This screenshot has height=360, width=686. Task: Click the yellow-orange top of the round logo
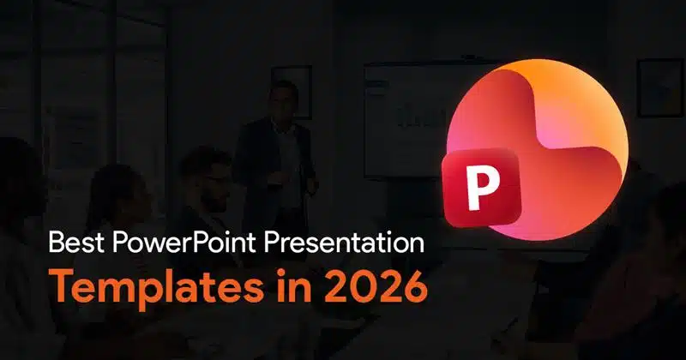coord(549,77)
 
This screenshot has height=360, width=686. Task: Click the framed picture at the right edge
coord(660,86)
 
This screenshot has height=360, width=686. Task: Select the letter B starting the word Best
coord(56,244)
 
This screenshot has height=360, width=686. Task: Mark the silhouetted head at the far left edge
coord(17,163)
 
